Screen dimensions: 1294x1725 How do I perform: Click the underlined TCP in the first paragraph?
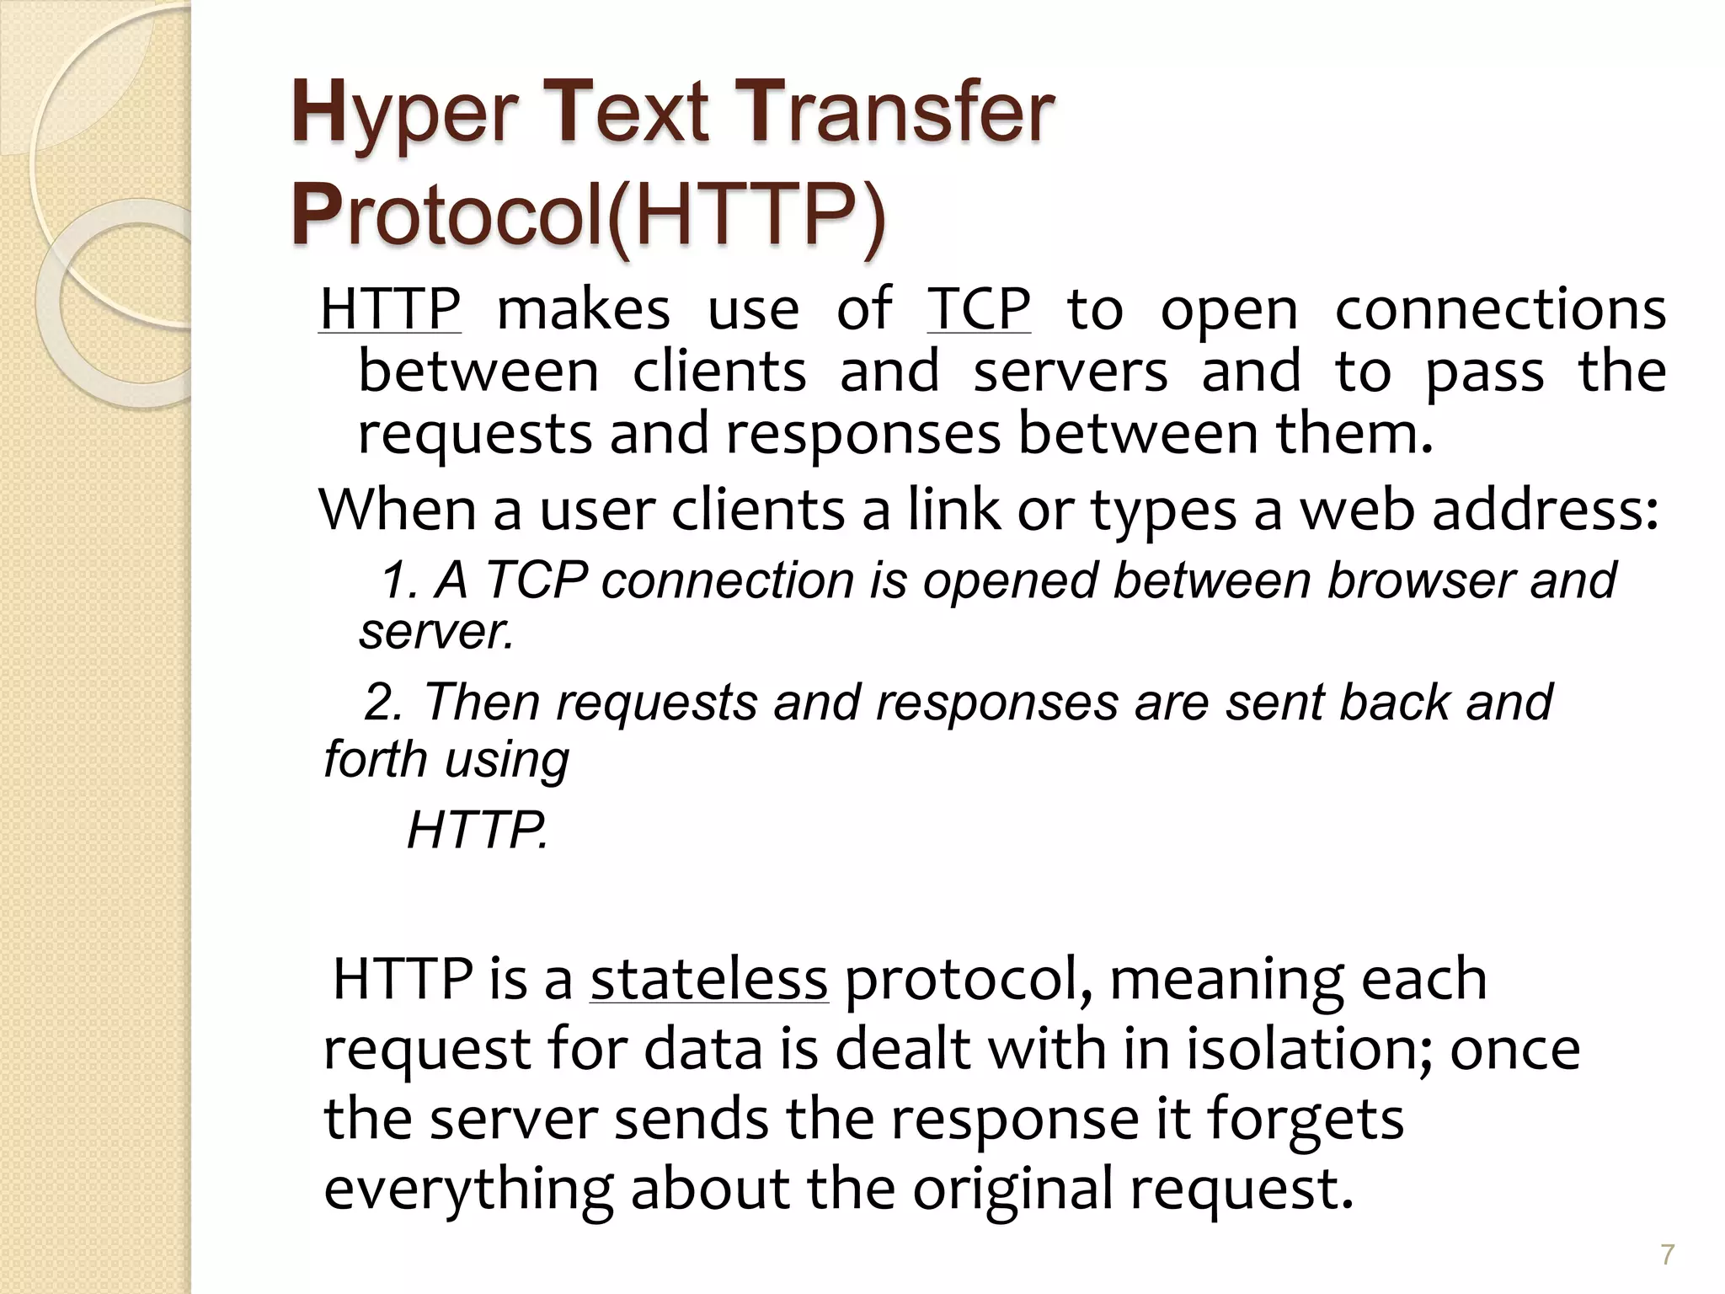click(x=979, y=309)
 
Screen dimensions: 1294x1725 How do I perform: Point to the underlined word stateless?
click(x=708, y=979)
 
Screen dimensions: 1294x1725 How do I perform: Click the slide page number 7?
click(x=1667, y=1254)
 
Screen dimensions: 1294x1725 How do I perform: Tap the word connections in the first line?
click(x=1500, y=309)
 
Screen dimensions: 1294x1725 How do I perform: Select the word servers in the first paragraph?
click(x=1071, y=372)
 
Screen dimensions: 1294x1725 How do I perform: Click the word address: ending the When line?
click(x=1546, y=511)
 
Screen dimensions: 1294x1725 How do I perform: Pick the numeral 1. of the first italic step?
click(x=399, y=581)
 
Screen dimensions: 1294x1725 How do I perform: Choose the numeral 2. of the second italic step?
click(x=383, y=703)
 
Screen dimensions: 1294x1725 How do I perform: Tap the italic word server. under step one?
click(x=436, y=632)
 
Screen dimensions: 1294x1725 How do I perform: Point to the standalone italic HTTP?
click(x=477, y=831)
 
